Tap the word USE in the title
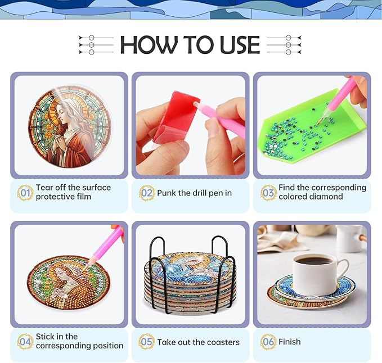[x=240, y=44]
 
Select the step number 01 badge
[x=25, y=193]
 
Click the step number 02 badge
[x=147, y=193]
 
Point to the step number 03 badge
[x=268, y=193]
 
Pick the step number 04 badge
[x=25, y=342]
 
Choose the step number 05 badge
[x=146, y=342]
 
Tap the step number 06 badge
[x=268, y=342]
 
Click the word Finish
[x=290, y=342]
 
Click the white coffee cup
[x=317, y=274]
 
